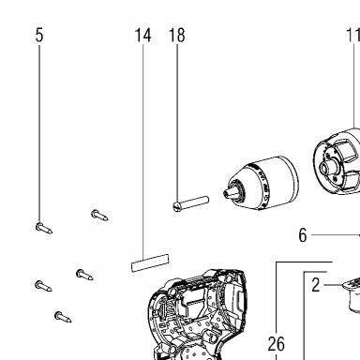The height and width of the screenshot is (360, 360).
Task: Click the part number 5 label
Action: click(39, 35)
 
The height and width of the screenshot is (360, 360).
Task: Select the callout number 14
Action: click(142, 35)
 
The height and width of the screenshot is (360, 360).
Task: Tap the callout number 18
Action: click(177, 35)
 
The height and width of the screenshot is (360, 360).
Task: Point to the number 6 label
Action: click(303, 235)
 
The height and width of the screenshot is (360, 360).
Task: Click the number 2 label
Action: click(316, 285)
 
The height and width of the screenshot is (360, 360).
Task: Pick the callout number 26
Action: click(277, 344)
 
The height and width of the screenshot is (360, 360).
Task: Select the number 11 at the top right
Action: click(353, 35)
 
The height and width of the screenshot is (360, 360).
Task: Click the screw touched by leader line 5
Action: click(44, 229)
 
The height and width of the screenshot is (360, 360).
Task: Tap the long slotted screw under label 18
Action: click(191, 203)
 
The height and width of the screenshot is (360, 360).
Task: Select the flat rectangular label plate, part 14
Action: click(150, 262)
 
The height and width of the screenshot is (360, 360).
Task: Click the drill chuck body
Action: click(262, 183)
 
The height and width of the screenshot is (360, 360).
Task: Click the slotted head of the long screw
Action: click(177, 206)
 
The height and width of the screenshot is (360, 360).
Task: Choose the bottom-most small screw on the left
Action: click(63, 317)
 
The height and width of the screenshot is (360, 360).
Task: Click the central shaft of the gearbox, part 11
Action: click(328, 168)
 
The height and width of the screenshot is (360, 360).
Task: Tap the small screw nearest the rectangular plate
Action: click(84, 275)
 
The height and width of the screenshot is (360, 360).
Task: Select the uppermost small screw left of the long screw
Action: click(99, 215)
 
